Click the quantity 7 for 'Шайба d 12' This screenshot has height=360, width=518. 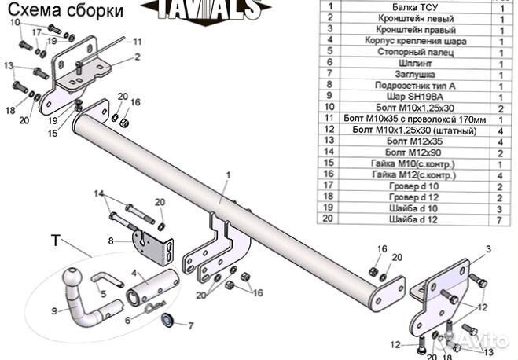(x=500, y=222)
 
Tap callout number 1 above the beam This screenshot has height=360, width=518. (x=229, y=175)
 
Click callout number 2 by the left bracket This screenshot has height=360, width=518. (x=137, y=57)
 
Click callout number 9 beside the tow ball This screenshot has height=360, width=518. (x=54, y=310)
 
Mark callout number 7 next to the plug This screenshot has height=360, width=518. (x=190, y=325)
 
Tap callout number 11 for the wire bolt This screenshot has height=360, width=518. (x=137, y=41)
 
